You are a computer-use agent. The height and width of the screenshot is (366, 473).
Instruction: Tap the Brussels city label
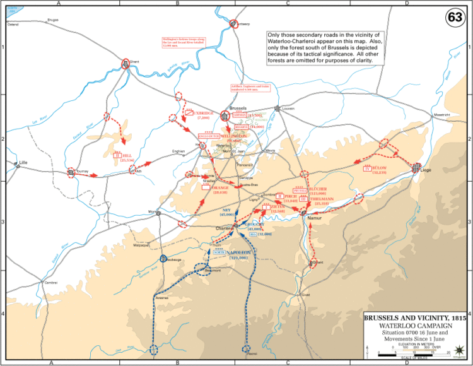tap(238, 108)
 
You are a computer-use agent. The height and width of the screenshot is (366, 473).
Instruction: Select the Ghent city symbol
tap(127, 64)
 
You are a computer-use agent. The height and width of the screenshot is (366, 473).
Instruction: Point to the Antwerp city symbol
tap(233, 24)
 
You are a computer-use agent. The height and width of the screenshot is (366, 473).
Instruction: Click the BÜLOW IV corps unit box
tap(366, 168)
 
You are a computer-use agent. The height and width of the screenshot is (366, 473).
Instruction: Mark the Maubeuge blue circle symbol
tap(163, 259)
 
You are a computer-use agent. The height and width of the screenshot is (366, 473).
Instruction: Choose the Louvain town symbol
tap(277, 109)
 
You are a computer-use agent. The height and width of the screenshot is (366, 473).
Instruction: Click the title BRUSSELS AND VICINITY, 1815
tap(414, 317)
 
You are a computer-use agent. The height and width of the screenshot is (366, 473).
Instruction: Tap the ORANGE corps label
tap(220, 188)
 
